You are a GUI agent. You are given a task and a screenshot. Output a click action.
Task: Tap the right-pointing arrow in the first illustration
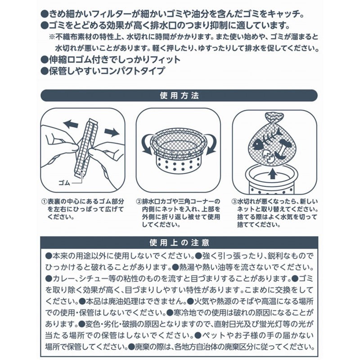(x=111, y=132)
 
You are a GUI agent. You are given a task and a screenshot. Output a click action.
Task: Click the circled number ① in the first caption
(x=43, y=201)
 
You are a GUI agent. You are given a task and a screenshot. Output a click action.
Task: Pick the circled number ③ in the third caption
(x=234, y=201)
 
